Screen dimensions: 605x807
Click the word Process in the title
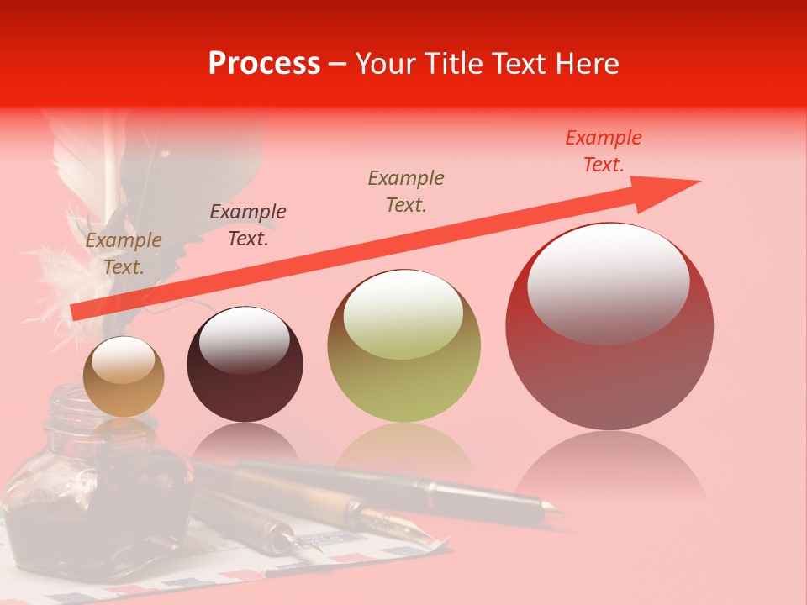(264, 64)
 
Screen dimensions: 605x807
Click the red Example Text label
(604, 151)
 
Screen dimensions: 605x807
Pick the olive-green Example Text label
(406, 191)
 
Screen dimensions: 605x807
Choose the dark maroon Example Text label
(248, 224)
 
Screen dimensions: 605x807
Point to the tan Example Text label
(123, 254)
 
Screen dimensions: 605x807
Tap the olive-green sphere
(404, 370)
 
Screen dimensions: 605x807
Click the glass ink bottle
(92, 496)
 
